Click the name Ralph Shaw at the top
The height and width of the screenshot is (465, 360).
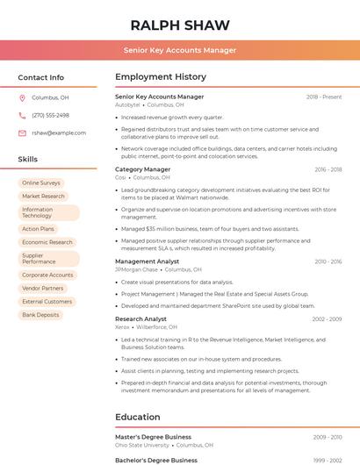pos(180,25)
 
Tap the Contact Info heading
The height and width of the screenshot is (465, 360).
pos(41,77)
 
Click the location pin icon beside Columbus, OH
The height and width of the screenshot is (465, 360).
pos(22,98)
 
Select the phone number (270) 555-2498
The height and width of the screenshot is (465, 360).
pos(50,115)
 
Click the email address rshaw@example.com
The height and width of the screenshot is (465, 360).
pos(59,132)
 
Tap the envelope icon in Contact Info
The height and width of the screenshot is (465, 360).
pos(22,132)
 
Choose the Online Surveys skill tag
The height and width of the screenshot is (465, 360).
pos(41,182)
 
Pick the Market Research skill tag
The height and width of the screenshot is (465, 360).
pos(43,197)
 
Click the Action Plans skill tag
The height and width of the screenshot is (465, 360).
pos(38,229)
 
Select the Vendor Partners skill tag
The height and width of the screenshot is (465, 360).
pos(43,288)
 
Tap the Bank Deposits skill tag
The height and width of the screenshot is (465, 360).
pos(40,314)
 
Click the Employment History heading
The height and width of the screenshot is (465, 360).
pos(161,77)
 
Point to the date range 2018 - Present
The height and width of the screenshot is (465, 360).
pos(323,97)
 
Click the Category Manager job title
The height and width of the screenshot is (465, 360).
pos(142,169)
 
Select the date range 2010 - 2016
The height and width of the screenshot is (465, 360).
pos(328,261)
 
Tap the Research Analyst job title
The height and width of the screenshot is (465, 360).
pos(140,318)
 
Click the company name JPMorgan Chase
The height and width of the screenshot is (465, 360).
pos(135,270)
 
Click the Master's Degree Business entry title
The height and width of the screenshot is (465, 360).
pos(153,436)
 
